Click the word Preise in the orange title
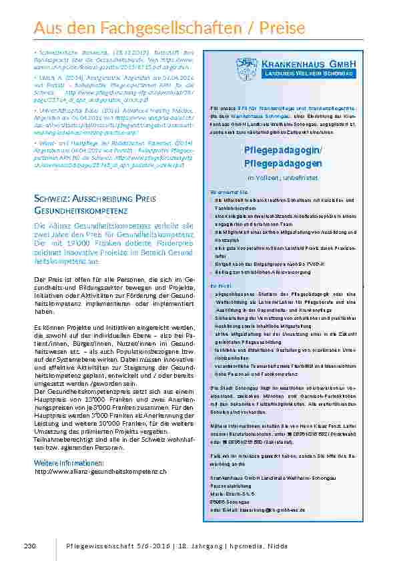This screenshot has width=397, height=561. (x=283, y=29)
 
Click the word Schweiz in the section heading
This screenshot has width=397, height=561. (x=51, y=199)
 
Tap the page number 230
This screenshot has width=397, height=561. (x=29, y=546)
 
